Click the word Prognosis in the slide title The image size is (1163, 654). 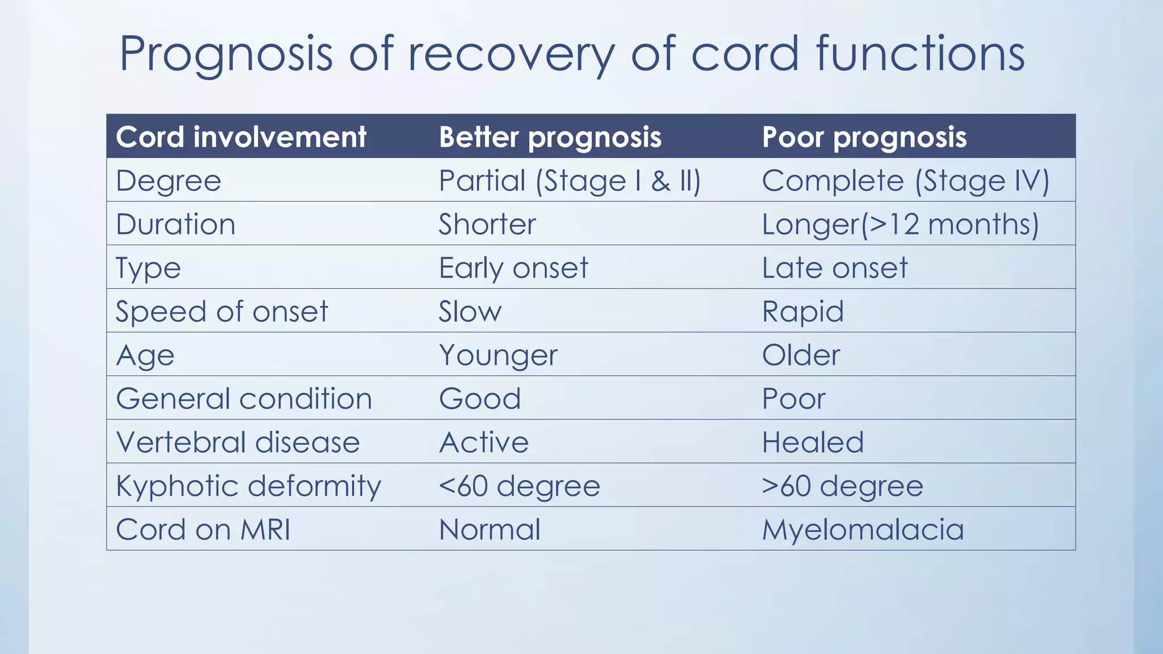click(x=226, y=54)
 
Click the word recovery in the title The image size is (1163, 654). click(x=511, y=54)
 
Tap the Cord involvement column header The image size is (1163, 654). click(x=241, y=137)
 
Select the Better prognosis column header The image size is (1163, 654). click(x=550, y=137)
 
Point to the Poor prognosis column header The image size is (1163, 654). click(x=864, y=137)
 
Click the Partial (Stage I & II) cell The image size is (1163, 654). click(x=570, y=181)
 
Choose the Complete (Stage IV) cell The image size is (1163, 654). click(x=905, y=181)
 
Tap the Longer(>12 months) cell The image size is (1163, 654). click(x=900, y=224)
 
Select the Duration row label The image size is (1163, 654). click(x=175, y=224)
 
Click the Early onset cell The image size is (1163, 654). click(x=513, y=268)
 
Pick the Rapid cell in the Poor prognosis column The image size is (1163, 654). click(x=802, y=312)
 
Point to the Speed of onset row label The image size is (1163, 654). click(x=221, y=312)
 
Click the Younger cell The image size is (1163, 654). click(x=498, y=355)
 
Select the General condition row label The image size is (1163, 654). click(x=244, y=399)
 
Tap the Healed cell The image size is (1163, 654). click(x=813, y=442)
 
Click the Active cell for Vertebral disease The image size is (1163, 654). click(x=484, y=442)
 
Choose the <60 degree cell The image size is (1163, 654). click(x=519, y=486)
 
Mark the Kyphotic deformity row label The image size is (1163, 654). click(x=248, y=486)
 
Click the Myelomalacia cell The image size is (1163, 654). click(x=863, y=530)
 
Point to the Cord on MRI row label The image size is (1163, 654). click(x=203, y=530)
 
